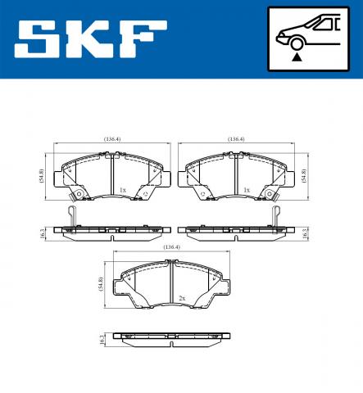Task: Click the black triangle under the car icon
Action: coord(297,57)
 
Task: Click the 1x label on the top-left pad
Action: coord(123,190)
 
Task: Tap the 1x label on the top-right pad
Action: coord(247,190)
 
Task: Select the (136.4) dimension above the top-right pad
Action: coord(236,140)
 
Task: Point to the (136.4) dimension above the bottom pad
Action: coord(172,247)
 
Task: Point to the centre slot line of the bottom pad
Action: coord(172,287)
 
